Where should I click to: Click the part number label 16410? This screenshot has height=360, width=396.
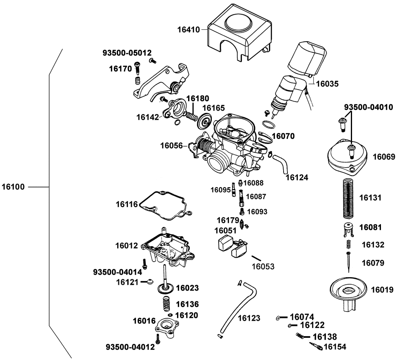click(189, 29)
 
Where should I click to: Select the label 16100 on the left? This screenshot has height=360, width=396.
click(13, 186)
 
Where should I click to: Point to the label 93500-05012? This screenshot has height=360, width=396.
click(127, 53)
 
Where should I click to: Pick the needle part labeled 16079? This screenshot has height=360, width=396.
click(348, 261)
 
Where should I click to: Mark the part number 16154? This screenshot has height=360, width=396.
click(335, 347)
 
